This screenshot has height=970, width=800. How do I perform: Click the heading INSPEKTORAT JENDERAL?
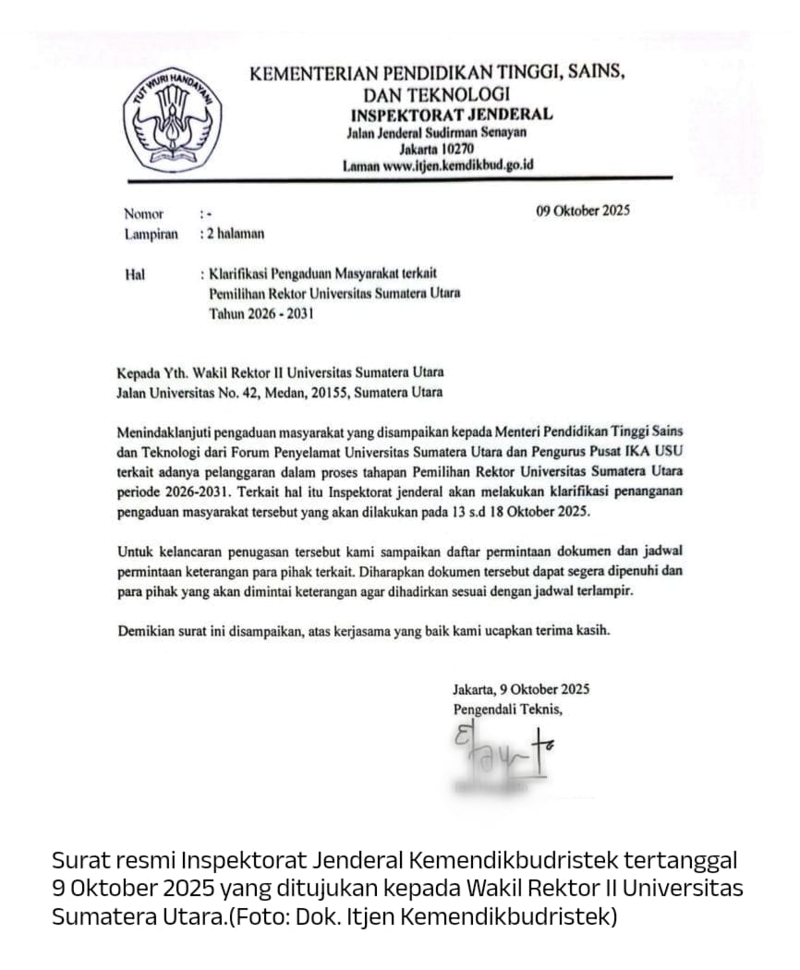[x=451, y=115]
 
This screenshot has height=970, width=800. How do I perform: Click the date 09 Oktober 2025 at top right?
[x=583, y=211]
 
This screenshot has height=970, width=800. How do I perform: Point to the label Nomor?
[x=143, y=214]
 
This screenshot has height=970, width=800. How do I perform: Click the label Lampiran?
[x=151, y=235]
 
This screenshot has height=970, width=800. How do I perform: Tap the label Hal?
[x=134, y=274]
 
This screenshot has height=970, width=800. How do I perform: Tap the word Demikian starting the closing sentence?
[x=145, y=631]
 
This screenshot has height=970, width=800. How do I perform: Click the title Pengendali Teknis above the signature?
[x=507, y=709]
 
